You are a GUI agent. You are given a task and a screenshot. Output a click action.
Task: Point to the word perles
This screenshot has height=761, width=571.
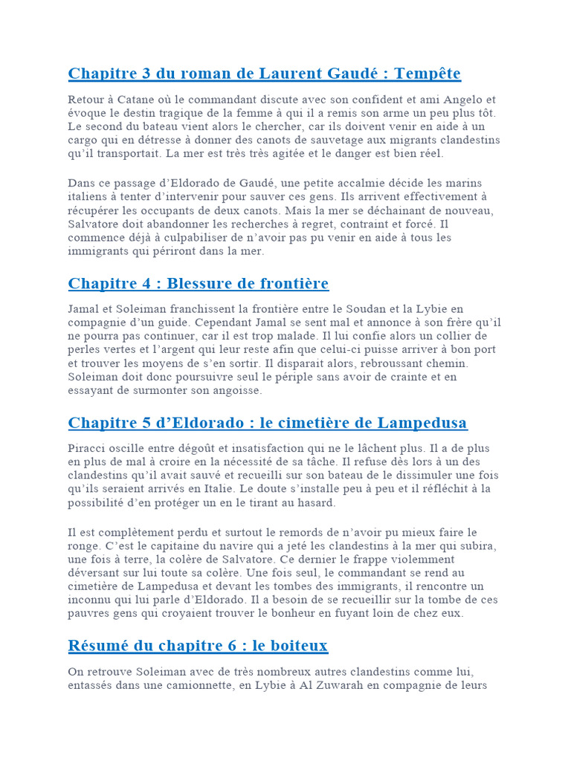83,349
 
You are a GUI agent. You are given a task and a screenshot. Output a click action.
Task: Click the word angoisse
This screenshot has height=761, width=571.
235,390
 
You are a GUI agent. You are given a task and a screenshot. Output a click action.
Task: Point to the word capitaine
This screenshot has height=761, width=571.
141,545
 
